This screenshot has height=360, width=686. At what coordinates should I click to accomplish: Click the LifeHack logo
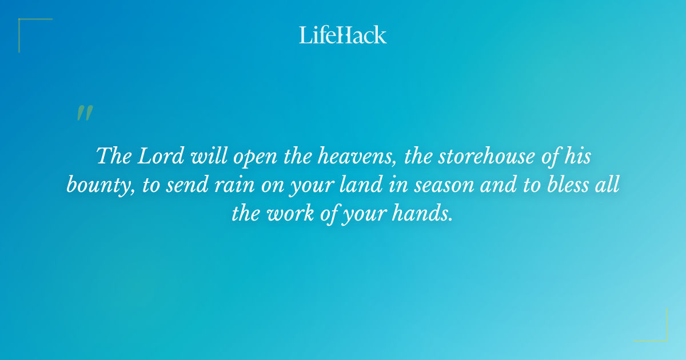[x=343, y=35]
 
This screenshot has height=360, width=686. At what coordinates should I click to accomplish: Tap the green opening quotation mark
[x=85, y=113]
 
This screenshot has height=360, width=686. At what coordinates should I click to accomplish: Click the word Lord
[x=154, y=156]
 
